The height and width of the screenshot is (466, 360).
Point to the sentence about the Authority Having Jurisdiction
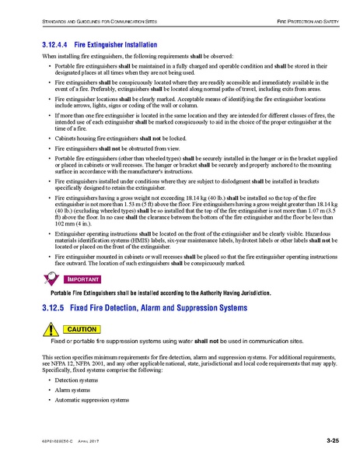[160, 293]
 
